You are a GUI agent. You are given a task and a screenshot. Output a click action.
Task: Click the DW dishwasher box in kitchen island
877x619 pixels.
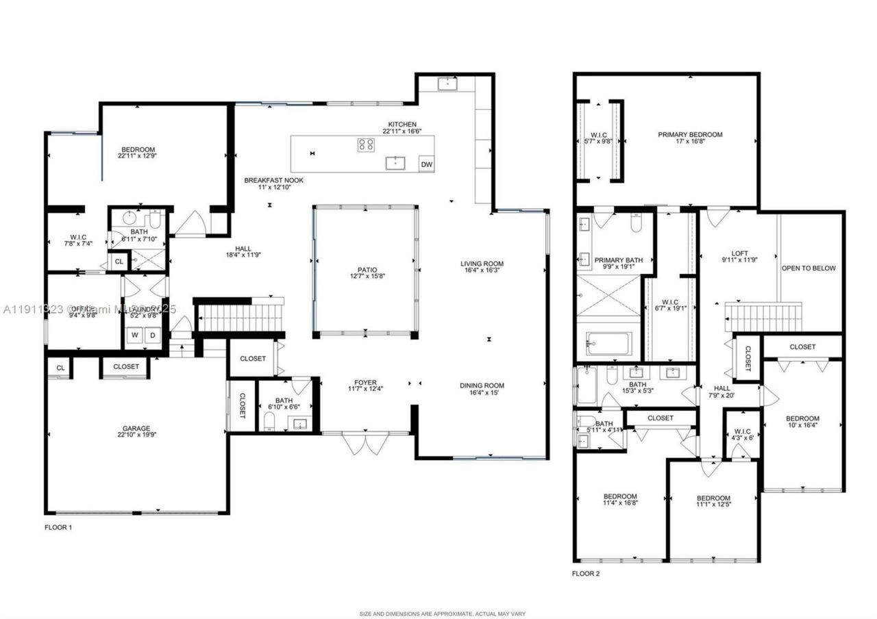coord(426,164)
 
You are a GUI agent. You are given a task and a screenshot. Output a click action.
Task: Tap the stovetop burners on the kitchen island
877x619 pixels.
coord(366,144)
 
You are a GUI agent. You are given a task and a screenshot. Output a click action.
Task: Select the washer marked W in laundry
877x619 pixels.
coord(135,336)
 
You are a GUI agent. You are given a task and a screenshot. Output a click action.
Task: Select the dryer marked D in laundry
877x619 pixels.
coord(153,336)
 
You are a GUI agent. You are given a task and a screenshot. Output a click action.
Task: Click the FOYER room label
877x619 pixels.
coord(365,383)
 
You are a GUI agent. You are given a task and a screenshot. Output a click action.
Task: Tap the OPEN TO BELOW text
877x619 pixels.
coord(809,268)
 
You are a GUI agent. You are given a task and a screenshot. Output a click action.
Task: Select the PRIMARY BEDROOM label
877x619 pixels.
coord(690,135)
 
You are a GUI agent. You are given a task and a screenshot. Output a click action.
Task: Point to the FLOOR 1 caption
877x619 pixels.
coord(58,527)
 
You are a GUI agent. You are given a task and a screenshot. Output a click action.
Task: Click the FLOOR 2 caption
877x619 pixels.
coord(586,574)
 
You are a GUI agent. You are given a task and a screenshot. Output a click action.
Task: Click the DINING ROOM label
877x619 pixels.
coord(482,386)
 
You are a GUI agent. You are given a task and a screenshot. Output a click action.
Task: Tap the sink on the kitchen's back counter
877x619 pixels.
coord(448,84)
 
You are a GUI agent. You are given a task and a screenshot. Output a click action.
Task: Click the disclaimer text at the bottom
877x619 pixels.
coord(443,614)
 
